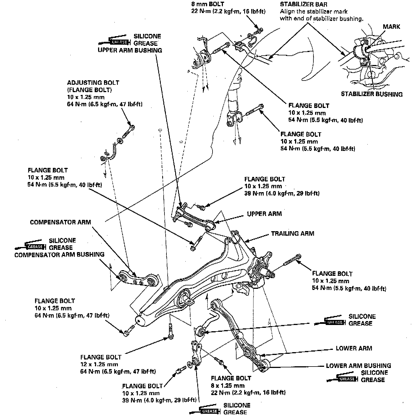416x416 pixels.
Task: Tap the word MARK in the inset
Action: point(391,27)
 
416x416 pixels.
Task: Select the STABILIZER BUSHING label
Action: point(372,94)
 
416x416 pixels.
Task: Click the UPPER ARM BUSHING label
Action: point(130,51)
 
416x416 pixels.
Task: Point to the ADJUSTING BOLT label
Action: point(93,83)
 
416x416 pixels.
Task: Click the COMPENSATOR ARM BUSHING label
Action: point(59,255)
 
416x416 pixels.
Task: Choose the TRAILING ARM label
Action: point(292,233)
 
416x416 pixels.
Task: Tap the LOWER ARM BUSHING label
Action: point(358,366)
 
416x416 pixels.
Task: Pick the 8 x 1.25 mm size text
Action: point(227,385)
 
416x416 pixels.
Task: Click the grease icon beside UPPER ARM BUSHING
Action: point(115,42)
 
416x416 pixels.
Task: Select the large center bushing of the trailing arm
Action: point(185,298)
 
